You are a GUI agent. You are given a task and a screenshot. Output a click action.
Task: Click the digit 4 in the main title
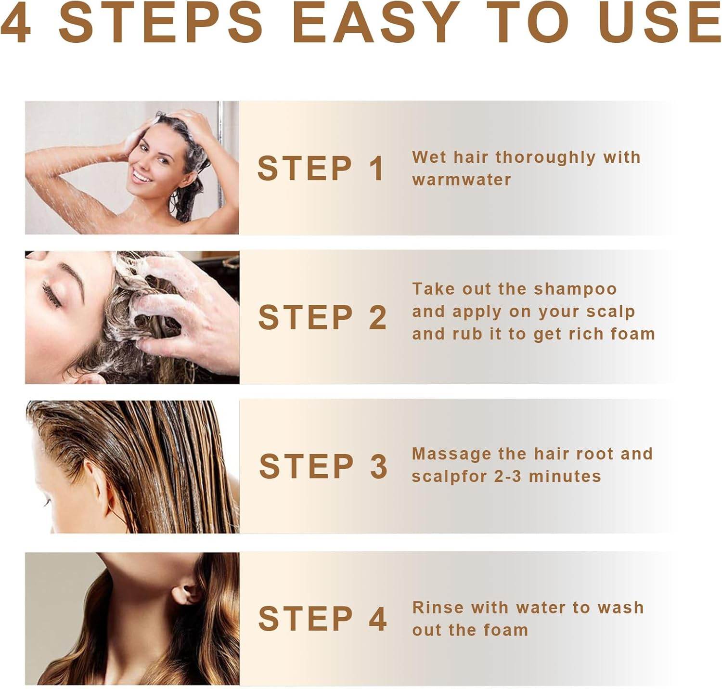(15, 23)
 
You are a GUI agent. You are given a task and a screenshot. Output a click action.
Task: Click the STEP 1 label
(321, 169)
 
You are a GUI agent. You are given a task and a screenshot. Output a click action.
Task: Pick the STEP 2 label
(322, 317)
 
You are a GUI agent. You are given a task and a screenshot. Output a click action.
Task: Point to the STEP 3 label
(323, 466)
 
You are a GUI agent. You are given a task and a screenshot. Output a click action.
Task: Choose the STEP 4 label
(322, 619)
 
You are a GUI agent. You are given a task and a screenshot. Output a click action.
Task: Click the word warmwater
(461, 180)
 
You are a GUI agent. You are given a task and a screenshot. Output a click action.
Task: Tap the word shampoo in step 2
(575, 290)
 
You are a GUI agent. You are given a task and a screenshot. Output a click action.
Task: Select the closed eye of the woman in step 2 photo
(52, 294)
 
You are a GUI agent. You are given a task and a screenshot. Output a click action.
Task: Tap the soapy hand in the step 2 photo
(183, 312)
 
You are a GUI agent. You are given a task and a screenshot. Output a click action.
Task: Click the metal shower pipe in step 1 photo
(221, 155)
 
